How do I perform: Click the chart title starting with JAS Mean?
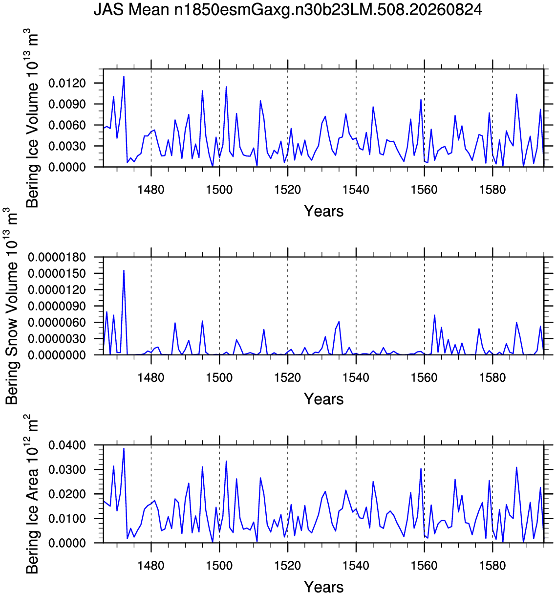click(x=288, y=10)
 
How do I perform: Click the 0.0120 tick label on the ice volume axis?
click(x=67, y=83)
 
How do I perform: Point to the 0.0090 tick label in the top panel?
click(x=67, y=104)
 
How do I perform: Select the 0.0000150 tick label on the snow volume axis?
click(x=57, y=273)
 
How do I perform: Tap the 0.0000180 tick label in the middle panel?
click(x=57, y=257)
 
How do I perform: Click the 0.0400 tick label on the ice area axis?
click(x=67, y=445)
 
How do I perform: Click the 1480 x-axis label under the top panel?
click(x=151, y=190)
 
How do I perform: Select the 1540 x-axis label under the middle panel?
click(x=356, y=378)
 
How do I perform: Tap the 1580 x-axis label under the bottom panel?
click(x=492, y=566)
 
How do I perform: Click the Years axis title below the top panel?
click(x=323, y=211)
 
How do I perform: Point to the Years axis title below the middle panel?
click(x=323, y=399)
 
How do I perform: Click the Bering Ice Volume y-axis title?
click(x=32, y=118)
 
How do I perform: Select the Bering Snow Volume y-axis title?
click(x=11, y=306)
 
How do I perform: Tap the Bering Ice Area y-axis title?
click(x=32, y=494)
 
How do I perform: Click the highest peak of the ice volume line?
click(x=124, y=76)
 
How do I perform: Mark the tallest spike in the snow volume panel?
click(x=124, y=270)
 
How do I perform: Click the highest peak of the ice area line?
click(x=124, y=448)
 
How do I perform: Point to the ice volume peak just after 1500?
click(x=226, y=87)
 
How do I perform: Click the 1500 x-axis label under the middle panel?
click(x=219, y=378)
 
